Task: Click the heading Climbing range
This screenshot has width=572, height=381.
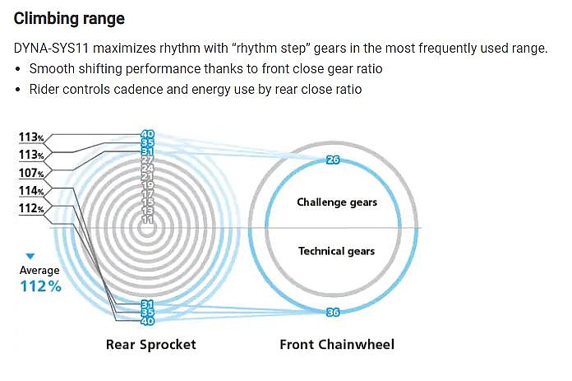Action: click(x=69, y=19)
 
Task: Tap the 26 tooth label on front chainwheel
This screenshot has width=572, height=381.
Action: click(x=333, y=160)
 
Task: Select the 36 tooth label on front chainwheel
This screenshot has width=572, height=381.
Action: click(x=333, y=313)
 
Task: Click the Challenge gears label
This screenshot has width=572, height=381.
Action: click(x=337, y=202)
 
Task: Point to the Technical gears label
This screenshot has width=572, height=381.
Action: click(x=336, y=251)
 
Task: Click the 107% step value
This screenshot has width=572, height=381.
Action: click(x=31, y=173)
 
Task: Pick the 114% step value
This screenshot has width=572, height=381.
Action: click(x=31, y=191)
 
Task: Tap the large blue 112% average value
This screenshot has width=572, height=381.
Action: click(x=40, y=286)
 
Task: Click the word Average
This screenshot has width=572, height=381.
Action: click(x=39, y=270)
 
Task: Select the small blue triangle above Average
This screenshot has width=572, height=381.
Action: click(x=30, y=256)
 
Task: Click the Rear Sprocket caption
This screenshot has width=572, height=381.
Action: click(x=150, y=345)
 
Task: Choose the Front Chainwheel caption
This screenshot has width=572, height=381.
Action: click(x=337, y=345)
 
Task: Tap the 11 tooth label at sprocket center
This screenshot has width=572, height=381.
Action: click(x=147, y=220)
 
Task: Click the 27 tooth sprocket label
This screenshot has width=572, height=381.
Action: click(x=147, y=160)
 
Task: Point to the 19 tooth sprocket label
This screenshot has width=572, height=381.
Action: click(x=147, y=185)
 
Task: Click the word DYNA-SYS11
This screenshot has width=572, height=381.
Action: click(x=51, y=49)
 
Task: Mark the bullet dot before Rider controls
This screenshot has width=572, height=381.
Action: click(x=18, y=90)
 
